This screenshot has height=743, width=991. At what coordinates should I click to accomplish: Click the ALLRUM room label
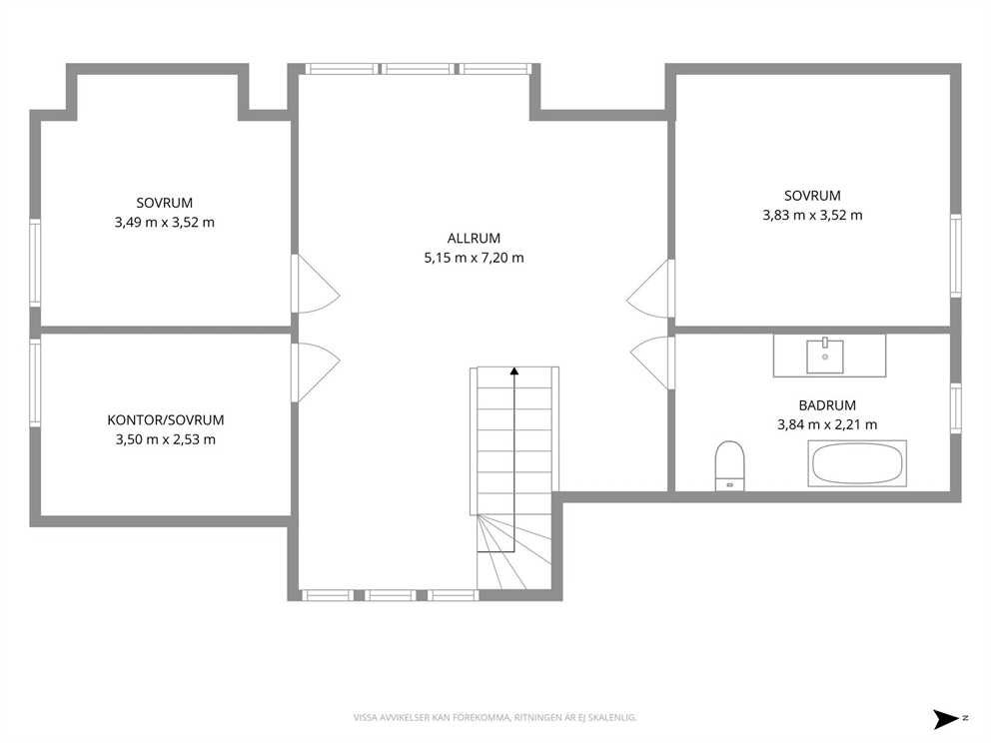(x=474, y=239)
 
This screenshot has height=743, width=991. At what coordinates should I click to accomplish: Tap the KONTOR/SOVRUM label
(x=166, y=420)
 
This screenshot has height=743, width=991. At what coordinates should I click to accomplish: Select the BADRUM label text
(x=827, y=405)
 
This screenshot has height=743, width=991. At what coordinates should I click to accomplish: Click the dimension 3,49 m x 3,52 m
(x=164, y=223)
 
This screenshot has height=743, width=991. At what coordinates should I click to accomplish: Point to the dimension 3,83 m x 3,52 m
(x=812, y=215)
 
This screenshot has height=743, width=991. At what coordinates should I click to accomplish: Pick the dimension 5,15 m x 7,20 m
(x=474, y=258)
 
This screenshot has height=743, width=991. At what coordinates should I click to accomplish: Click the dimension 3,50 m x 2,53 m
(x=166, y=439)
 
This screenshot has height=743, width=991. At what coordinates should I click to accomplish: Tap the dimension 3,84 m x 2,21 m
(x=827, y=424)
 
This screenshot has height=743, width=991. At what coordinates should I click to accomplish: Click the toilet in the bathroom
(x=729, y=465)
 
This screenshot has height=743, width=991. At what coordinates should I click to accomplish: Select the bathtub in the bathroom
(x=857, y=463)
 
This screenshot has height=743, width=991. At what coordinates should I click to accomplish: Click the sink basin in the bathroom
(x=825, y=357)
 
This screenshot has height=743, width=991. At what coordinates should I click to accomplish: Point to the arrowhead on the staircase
(x=514, y=371)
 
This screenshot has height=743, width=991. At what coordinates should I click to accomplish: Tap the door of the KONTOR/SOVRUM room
(x=316, y=372)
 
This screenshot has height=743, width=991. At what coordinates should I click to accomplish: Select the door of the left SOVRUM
(x=316, y=284)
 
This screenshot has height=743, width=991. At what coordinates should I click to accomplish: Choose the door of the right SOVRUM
(x=651, y=289)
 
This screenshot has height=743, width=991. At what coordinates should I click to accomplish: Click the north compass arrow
(x=947, y=719)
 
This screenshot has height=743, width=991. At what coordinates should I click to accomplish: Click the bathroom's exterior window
(x=956, y=408)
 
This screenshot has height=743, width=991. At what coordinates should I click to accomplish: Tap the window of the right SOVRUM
(x=956, y=256)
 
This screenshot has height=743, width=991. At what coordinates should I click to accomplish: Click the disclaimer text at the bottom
(x=495, y=718)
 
